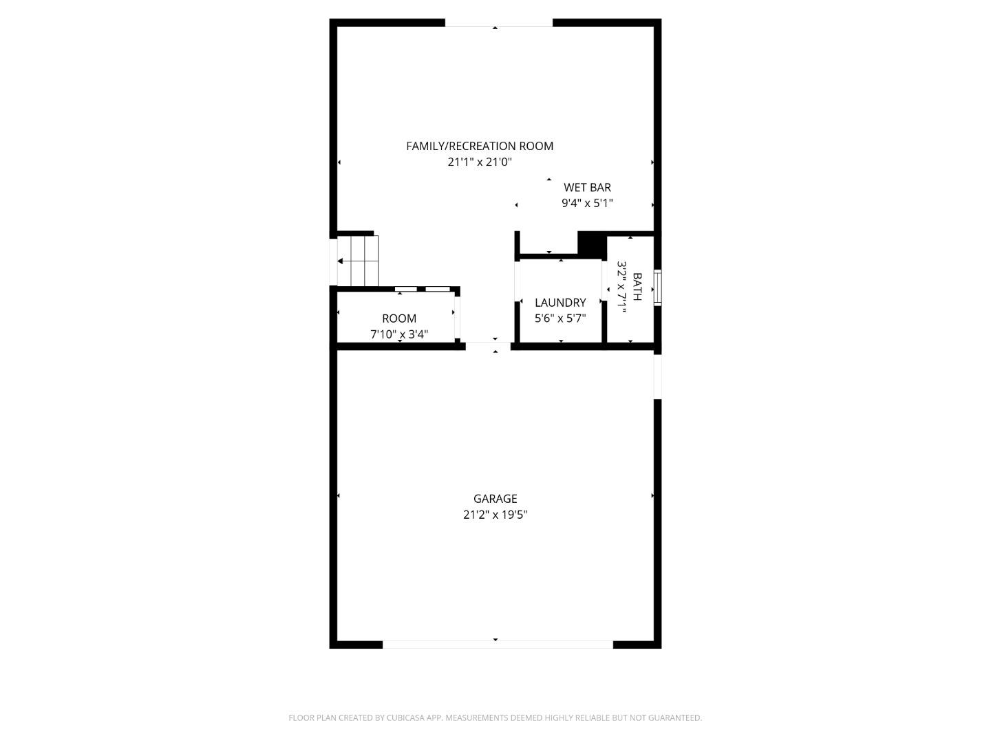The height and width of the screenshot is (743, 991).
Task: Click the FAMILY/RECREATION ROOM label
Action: (x=480, y=146)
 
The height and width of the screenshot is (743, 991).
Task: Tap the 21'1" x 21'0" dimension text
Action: (x=480, y=162)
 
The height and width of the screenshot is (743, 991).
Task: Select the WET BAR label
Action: (x=587, y=187)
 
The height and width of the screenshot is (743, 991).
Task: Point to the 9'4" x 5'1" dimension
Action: (x=587, y=203)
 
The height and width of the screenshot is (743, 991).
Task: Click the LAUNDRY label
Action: (x=560, y=303)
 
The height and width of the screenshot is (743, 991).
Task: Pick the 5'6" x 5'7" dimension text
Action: (x=560, y=319)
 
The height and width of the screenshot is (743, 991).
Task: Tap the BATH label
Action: (x=637, y=287)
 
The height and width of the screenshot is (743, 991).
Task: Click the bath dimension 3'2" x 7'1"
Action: (x=622, y=287)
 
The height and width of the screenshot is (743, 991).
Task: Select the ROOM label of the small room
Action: (x=399, y=319)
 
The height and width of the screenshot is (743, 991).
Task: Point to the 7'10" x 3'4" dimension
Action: (x=399, y=334)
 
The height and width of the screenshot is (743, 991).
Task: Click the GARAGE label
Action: (x=495, y=499)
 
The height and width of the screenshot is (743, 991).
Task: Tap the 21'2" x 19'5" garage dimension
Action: (x=495, y=515)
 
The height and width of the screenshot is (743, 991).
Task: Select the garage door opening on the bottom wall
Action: (x=497, y=645)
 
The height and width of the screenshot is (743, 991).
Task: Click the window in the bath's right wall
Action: (x=657, y=287)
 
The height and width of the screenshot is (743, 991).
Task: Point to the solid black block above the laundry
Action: (x=591, y=244)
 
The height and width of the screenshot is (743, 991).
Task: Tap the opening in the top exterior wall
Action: (x=498, y=23)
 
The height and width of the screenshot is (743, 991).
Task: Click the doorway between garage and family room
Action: (x=488, y=346)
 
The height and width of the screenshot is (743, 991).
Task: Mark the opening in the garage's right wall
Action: (x=657, y=376)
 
